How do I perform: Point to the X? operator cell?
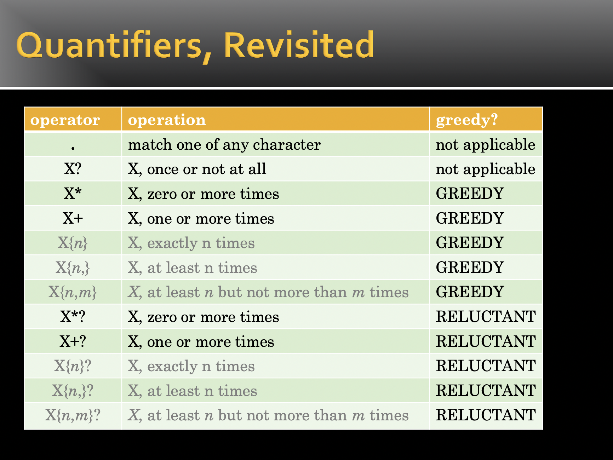tap(73, 169)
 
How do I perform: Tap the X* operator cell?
tap(73, 194)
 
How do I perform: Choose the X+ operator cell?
tap(73, 218)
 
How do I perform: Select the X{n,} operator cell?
tap(73, 268)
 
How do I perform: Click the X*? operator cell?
tap(73, 317)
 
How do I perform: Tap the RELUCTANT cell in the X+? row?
tap(486, 341)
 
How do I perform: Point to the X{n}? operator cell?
tap(73, 366)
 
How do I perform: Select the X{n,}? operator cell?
tap(73, 391)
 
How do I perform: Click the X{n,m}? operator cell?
tap(73, 415)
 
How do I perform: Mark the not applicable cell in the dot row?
tap(486, 145)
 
